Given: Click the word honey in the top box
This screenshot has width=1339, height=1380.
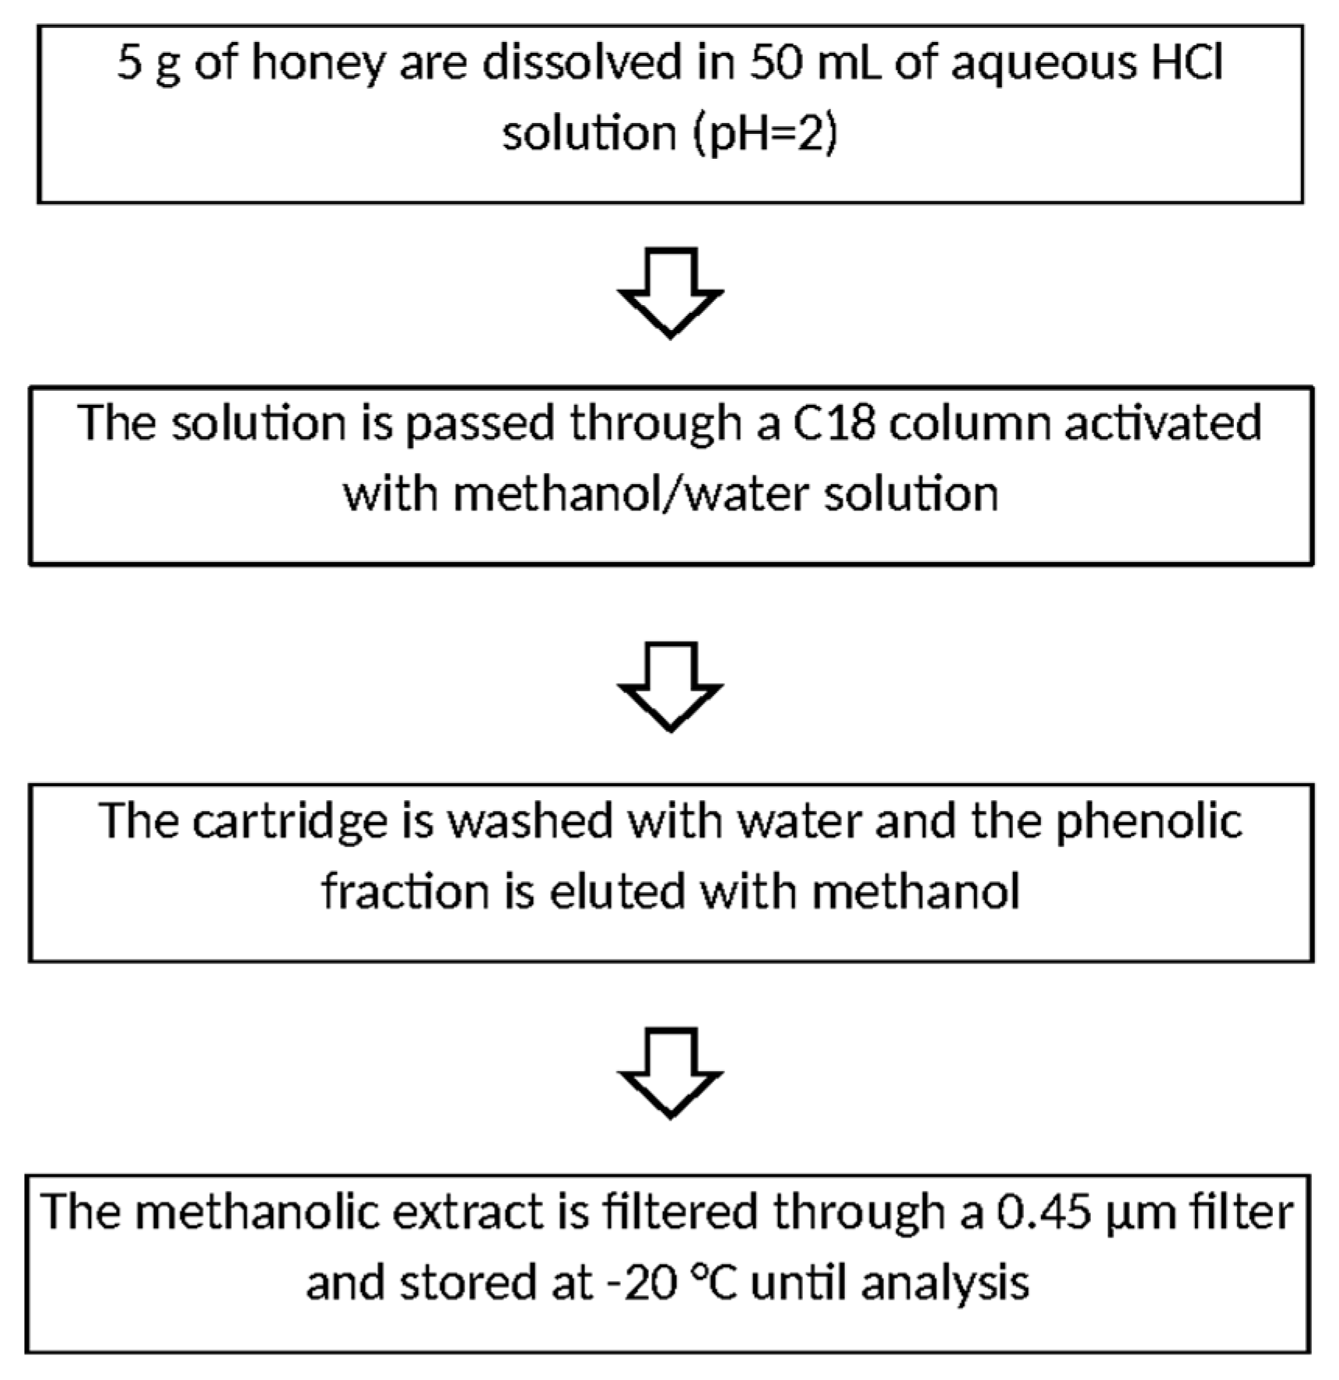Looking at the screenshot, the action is click(317, 63).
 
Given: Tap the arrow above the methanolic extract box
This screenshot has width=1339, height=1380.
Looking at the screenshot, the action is click(670, 1072).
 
